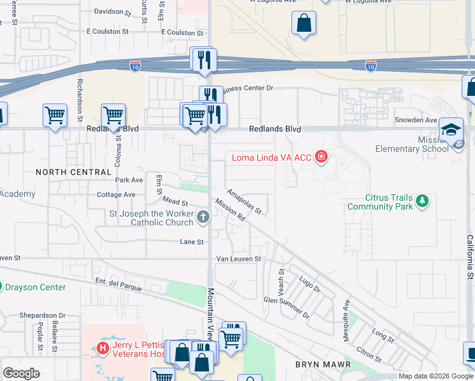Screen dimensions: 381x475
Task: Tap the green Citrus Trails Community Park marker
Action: point(422,202)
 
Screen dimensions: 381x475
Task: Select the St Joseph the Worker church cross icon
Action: point(203,218)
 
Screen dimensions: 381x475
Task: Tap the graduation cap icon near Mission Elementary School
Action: point(451,128)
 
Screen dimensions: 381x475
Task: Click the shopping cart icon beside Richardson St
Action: point(55,116)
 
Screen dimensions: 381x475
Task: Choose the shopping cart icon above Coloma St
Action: point(113,116)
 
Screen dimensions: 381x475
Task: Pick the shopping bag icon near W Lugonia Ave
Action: point(304,23)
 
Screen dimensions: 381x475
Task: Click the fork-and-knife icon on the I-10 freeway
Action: point(203,60)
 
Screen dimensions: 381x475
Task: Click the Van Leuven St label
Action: point(239,259)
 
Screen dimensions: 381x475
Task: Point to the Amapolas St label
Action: point(244,201)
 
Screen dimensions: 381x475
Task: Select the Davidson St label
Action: point(112,11)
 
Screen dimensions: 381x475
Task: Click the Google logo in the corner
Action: point(21,373)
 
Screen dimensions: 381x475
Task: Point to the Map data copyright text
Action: point(436,376)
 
